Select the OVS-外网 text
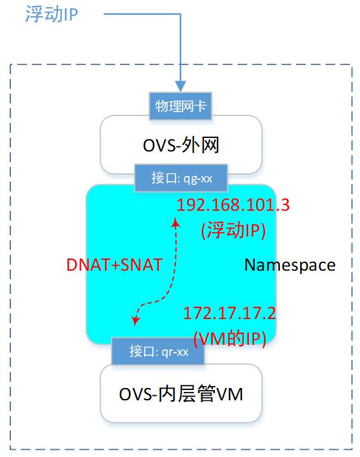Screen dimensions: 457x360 coord(181,145)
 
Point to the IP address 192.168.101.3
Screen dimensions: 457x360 coord(232,206)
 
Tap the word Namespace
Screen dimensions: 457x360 coord(290,264)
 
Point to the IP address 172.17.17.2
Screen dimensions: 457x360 coord(230,313)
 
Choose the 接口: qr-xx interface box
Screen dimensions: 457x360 coord(158,351)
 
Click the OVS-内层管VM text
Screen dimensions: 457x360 coord(181,393)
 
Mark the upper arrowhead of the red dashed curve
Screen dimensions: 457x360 coord(175,222)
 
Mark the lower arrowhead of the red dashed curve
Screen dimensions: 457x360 coord(135,320)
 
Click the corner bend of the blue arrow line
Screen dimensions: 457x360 coord(181,14)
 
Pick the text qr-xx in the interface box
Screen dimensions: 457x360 coord(175,351)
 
